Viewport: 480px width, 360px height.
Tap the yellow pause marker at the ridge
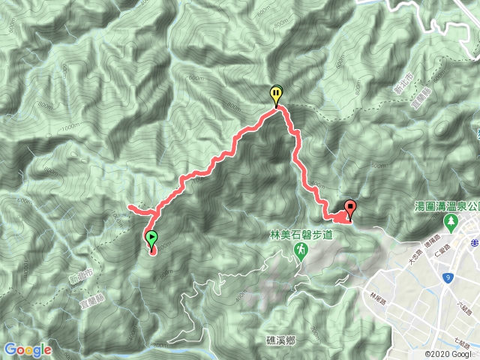point(276,94)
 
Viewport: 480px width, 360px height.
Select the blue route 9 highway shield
point(448,278)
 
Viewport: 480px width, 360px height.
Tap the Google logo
point(28,349)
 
